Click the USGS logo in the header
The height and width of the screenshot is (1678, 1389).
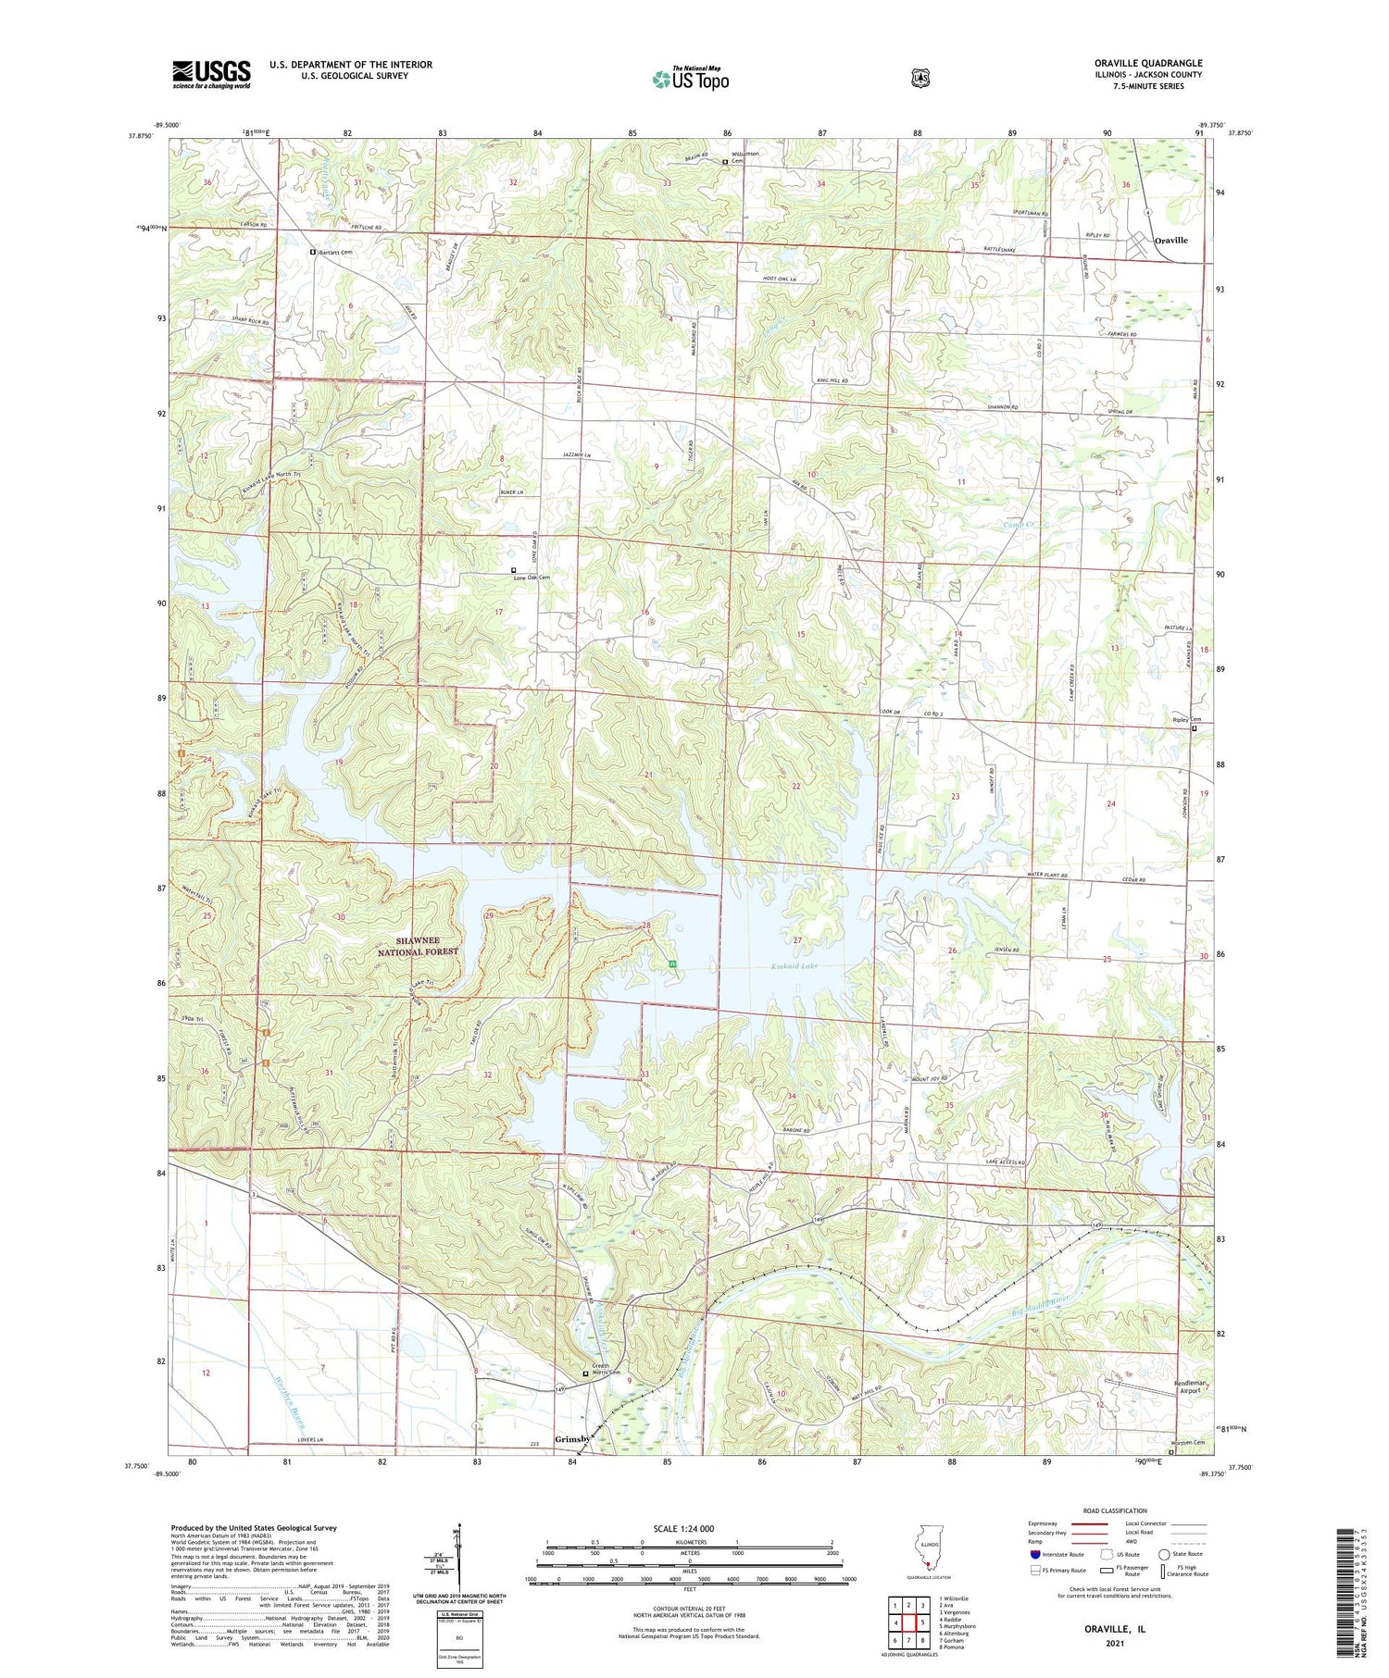point(211,74)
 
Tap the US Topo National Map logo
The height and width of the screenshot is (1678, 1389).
point(690,79)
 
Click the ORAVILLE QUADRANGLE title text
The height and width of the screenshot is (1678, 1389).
point(1147,63)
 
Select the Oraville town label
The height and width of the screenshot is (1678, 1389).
point(1170,240)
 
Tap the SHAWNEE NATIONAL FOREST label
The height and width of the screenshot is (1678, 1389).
point(417,945)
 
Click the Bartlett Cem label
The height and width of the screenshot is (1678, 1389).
point(336,252)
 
